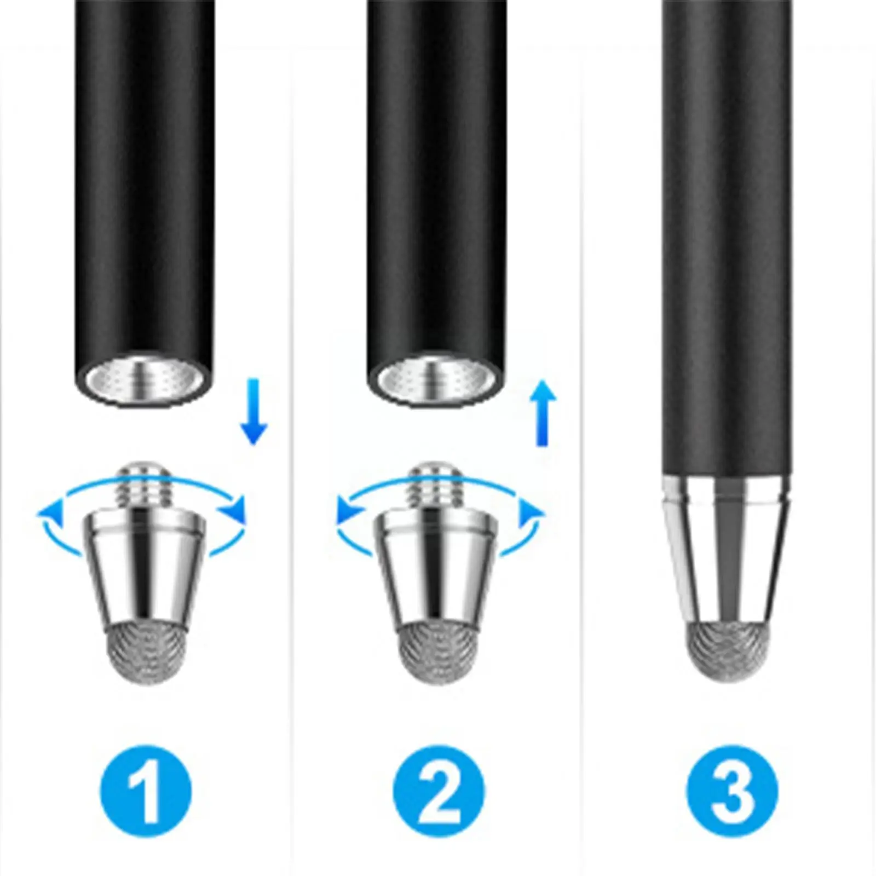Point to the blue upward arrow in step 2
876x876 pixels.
point(543,413)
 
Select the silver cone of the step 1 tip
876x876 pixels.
point(145,567)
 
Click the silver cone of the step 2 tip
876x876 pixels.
point(436,567)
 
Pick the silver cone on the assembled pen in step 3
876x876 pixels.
point(727,550)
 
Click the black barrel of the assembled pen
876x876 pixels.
point(727,238)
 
